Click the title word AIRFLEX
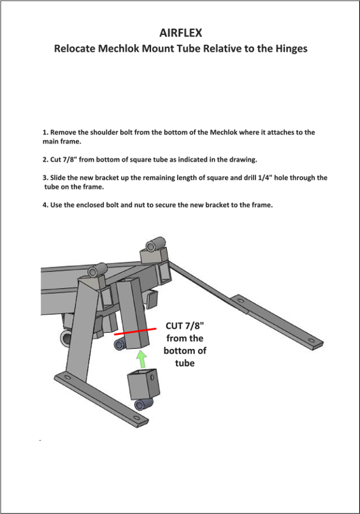tap(180, 33)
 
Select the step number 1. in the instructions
tap(45, 133)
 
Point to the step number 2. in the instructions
tap(45, 159)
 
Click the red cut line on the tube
tap(135, 332)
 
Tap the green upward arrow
tap(141, 359)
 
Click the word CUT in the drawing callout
tap(174, 326)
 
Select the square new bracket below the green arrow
tap(144, 383)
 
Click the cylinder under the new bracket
tap(143, 404)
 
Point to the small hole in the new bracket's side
tap(152, 378)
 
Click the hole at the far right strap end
tap(310, 341)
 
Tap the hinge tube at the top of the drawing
tap(156, 244)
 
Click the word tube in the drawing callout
tap(185, 363)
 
